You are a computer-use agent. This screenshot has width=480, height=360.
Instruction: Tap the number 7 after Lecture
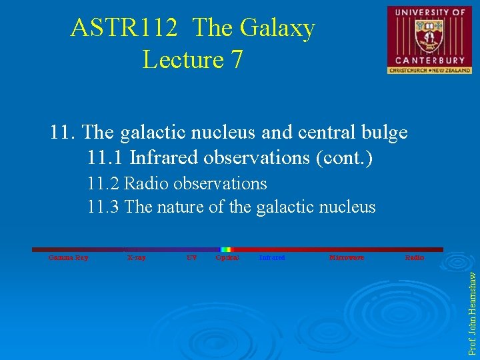pyautogui.click(x=236, y=59)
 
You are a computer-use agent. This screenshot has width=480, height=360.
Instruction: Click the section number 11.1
pyautogui.click(x=105, y=158)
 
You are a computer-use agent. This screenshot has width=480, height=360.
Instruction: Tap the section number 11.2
pyautogui.click(x=103, y=183)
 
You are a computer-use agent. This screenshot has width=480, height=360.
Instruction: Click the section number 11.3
pyautogui.click(x=103, y=207)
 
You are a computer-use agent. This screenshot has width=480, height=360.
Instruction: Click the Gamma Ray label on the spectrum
pyautogui.click(x=68, y=257)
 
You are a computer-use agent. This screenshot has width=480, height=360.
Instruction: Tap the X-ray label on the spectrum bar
pyautogui.click(x=136, y=257)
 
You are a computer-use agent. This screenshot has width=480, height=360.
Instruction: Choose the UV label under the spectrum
pyautogui.click(x=191, y=257)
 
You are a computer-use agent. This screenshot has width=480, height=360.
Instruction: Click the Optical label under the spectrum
pyautogui.click(x=227, y=257)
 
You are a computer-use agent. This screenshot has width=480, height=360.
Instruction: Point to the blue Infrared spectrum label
pyautogui.click(x=272, y=257)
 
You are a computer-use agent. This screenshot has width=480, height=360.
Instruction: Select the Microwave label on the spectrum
pyautogui.click(x=347, y=257)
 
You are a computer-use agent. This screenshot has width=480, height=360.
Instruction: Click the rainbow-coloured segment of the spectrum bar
pyautogui.click(x=226, y=249)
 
